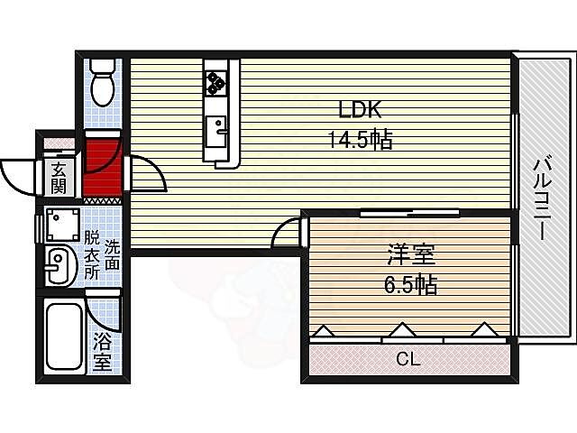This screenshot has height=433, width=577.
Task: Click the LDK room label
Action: (361, 110)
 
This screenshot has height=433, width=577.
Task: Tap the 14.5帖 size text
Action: (361, 140)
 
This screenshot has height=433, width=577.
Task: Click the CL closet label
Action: (408, 359)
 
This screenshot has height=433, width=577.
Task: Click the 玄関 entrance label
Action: (59, 178)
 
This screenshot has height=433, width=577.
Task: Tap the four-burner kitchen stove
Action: (216, 83)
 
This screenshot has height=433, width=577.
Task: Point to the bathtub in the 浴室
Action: (63, 336)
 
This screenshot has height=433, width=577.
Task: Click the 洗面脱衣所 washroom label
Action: (102, 254)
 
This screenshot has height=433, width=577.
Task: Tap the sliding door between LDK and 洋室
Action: (410, 214)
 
